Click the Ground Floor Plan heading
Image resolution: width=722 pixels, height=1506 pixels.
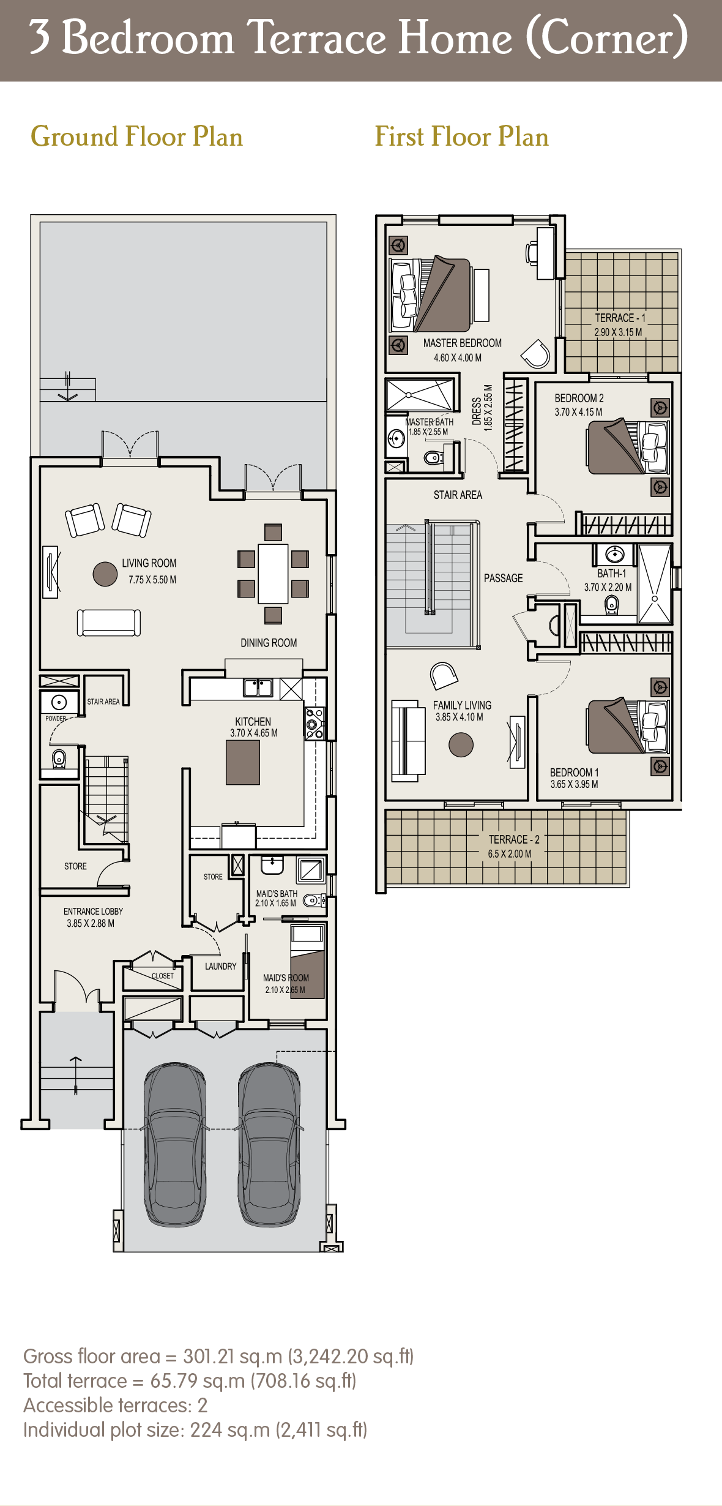click(x=137, y=137)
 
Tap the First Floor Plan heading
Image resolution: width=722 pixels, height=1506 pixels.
click(x=461, y=137)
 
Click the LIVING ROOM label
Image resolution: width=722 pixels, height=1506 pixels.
click(x=149, y=563)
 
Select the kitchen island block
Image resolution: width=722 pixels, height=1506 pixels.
click(x=243, y=762)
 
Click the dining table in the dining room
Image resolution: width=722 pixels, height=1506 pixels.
click(x=273, y=574)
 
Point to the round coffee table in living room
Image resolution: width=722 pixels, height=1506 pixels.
click(x=105, y=574)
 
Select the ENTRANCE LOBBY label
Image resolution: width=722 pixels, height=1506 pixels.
click(x=93, y=912)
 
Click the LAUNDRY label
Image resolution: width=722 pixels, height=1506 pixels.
click(x=220, y=966)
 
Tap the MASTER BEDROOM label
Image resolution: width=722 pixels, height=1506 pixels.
click(x=462, y=343)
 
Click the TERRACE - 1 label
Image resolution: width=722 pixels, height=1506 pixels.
click(x=620, y=318)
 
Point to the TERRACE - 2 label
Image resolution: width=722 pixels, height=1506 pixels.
click(x=514, y=839)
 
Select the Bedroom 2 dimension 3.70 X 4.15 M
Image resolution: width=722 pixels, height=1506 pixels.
click(x=578, y=412)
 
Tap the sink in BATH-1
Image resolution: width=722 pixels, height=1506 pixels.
click(x=614, y=555)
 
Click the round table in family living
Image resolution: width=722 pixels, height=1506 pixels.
click(x=461, y=744)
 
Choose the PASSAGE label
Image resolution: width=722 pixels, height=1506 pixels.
click(x=503, y=579)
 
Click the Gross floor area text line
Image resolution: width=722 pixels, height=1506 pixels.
click(x=218, y=1357)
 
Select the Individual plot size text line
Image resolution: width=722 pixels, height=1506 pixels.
click(x=195, y=1430)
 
